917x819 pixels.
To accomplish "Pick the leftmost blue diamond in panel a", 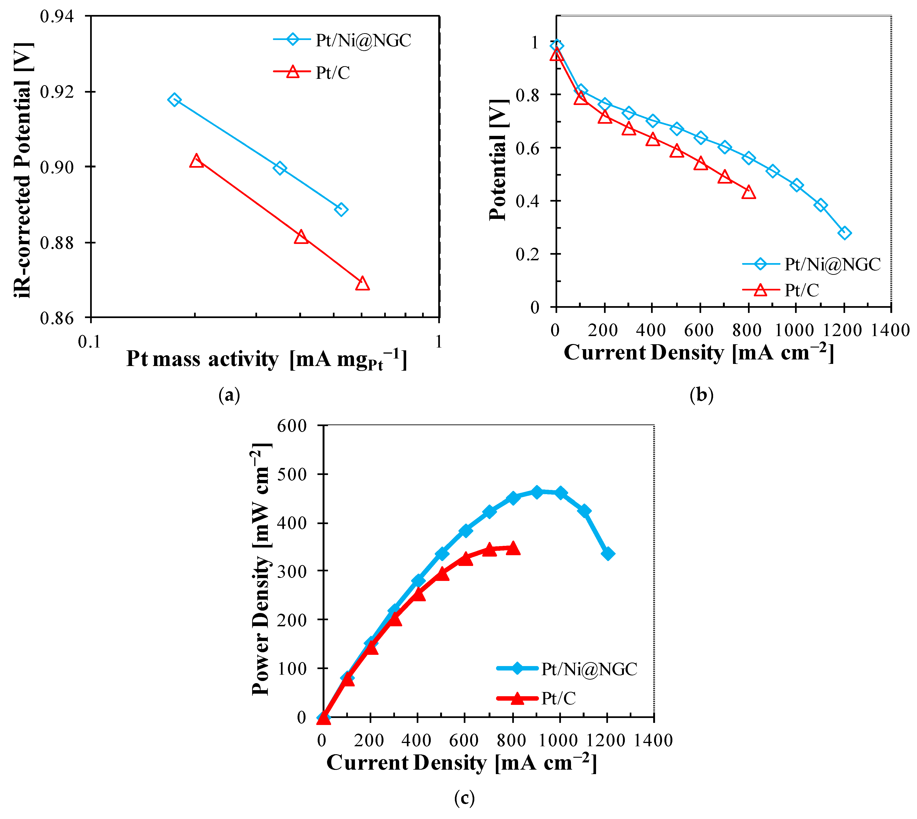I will click(x=174, y=100).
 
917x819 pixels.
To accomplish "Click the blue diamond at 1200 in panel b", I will click(x=844, y=233).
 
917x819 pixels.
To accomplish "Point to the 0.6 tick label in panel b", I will click(x=527, y=148).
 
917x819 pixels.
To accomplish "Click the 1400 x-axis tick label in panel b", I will click(x=890, y=331).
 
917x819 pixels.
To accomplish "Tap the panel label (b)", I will click(x=701, y=395).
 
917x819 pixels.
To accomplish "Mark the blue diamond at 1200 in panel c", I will click(x=608, y=554).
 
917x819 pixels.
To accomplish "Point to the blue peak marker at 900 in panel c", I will click(x=536, y=492).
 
